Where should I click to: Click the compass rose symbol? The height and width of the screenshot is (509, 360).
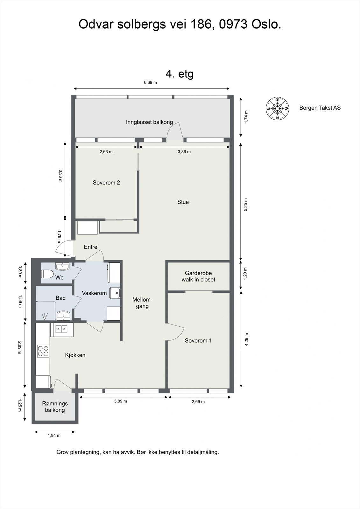pyautogui.click(x=277, y=108)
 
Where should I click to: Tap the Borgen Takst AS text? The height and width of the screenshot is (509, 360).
pyautogui.click(x=320, y=108)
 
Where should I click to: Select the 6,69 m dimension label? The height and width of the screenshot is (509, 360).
pyautogui.click(x=150, y=82)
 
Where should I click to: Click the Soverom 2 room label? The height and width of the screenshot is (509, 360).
pyautogui.click(x=106, y=183)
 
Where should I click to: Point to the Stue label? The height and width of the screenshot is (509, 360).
pyautogui.click(x=183, y=202)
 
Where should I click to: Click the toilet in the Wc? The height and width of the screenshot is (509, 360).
pyautogui.click(x=47, y=274)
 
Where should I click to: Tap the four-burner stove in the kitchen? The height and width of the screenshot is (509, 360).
pyautogui.click(x=43, y=351)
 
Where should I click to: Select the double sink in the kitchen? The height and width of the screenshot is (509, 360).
pyautogui.click(x=62, y=329)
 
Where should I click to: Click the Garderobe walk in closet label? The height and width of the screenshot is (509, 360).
pyautogui.click(x=198, y=276)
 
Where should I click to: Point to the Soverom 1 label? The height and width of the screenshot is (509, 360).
pyautogui.click(x=198, y=340)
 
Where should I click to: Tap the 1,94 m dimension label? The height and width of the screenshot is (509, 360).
pyautogui.click(x=54, y=436)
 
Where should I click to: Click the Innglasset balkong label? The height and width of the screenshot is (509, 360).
pyautogui.click(x=149, y=122)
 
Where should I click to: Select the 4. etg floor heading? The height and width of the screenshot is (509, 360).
pyautogui.click(x=180, y=74)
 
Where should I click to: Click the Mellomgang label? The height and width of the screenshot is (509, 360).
pyautogui.click(x=142, y=303)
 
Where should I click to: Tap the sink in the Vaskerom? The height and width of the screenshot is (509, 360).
pyautogui.click(x=115, y=293)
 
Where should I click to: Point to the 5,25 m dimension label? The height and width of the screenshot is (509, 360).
pyautogui.click(x=246, y=205)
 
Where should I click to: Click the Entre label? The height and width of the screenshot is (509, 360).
pyautogui.click(x=90, y=247)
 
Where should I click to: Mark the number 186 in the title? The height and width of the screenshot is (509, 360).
pyautogui.click(x=201, y=24)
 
